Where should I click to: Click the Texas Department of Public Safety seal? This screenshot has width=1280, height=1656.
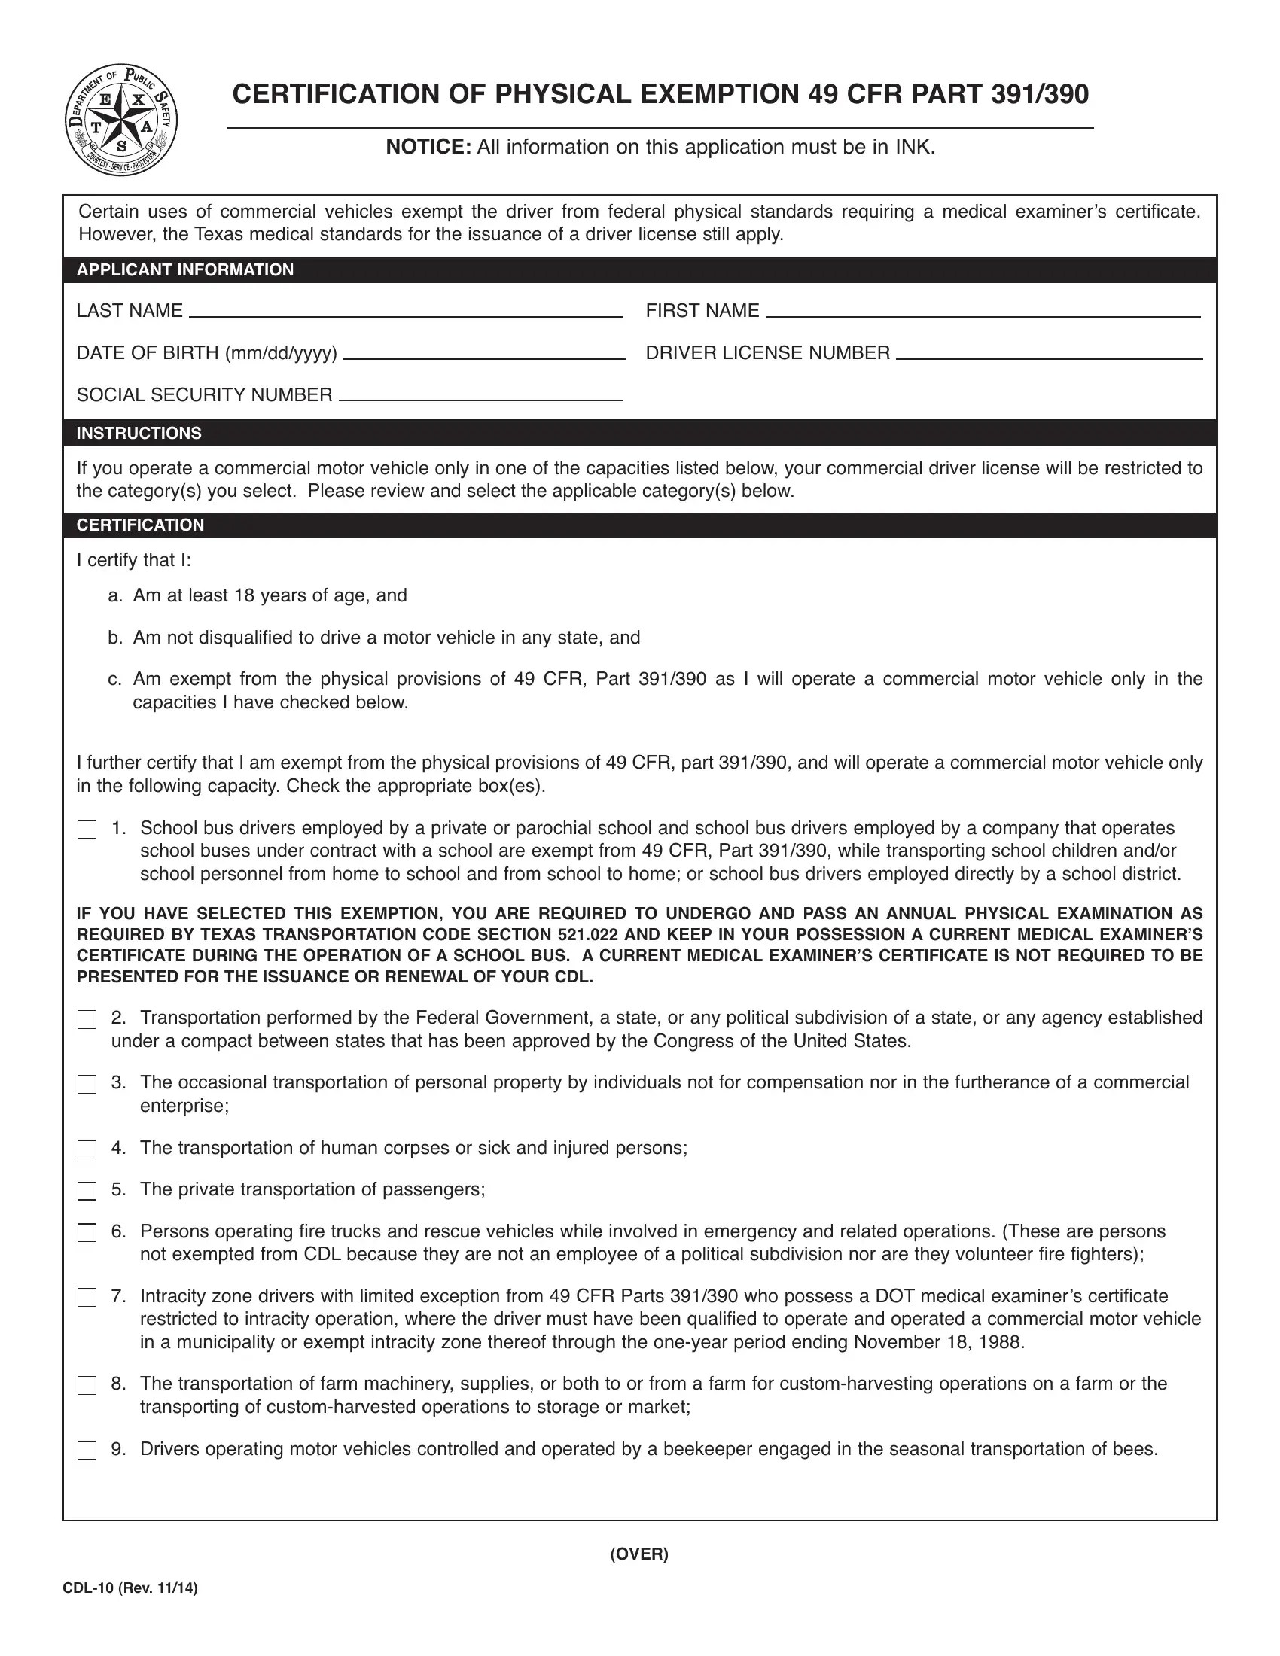(x=121, y=120)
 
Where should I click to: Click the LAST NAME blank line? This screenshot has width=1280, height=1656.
(x=405, y=311)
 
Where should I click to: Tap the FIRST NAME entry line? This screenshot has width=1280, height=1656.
(x=983, y=311)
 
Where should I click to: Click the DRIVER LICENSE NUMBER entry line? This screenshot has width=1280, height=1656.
(x=1049, y=353)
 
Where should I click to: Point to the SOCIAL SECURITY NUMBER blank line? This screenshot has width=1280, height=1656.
(x=480, y=395)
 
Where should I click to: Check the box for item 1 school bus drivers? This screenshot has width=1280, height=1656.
(x=87, y=830)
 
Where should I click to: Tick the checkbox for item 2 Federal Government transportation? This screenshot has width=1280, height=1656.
(x=87, y=1020)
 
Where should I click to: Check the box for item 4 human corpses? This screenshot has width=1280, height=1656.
(x=87, y=1149)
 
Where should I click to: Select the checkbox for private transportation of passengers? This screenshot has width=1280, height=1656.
(x=87, y=1192)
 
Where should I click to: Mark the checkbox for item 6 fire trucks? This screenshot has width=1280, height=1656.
(x=87, y=1233)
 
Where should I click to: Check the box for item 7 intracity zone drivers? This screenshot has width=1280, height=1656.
(x=87, y=1298)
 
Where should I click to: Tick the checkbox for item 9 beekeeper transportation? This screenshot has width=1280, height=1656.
(x=87, y=1451)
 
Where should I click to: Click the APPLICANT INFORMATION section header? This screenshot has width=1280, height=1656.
(x=185, y=270)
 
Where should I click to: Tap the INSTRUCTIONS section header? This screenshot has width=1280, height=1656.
(x=139, y=433)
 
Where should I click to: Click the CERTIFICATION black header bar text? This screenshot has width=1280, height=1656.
(x=140, y=525)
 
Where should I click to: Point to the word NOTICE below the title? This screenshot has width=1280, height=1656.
(x=428, y=147)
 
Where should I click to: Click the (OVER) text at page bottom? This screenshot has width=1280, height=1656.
(x=639, y=1554)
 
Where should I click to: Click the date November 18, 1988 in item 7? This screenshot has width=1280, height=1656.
(x=938, y=1342)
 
